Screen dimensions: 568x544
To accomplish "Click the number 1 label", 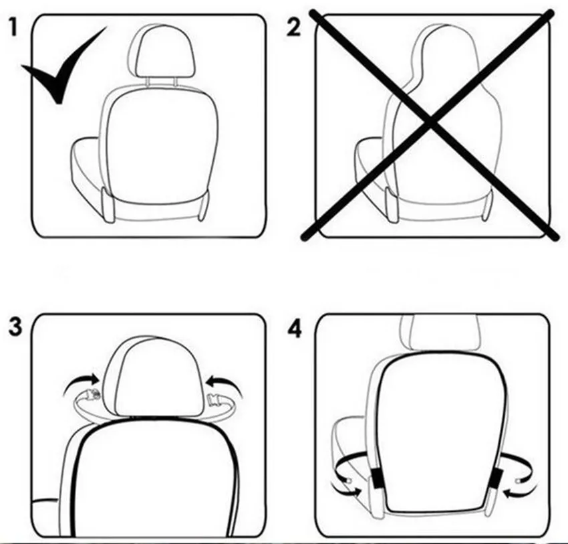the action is [x=13, y=27].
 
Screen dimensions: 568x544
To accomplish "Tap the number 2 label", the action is [x=293, y=28].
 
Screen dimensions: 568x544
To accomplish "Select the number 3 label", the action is [x=15, y=327].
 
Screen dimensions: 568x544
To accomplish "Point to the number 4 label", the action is [x=295, y=330].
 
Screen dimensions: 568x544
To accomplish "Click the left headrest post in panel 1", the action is [x=148, y=82].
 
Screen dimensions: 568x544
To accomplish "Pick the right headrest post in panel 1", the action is [x=175, y=82].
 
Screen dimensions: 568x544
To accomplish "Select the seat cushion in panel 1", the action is [x=89, y=174].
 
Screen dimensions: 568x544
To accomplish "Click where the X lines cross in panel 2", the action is [x=430, y=123].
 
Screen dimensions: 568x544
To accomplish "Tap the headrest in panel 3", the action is [x=158, y=377].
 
